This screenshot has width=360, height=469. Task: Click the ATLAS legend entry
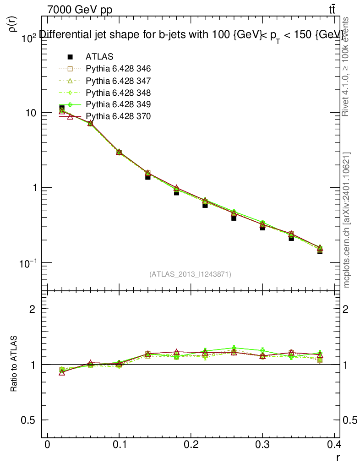[99, 57]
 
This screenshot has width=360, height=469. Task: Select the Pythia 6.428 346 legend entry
[118, 69]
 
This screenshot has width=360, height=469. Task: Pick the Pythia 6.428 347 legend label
[118, 81]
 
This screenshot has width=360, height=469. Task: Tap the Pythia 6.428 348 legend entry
[118, 93]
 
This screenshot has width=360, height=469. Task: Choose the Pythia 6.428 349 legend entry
[118, 104]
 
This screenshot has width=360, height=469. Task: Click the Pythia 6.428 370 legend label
[118, 116]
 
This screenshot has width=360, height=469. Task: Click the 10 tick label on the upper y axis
[31, 113]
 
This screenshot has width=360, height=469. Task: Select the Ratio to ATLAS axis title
[14, 364]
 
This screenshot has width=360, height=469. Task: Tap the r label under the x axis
[338, 457]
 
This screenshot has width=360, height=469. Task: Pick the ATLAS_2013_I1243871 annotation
[190, 274]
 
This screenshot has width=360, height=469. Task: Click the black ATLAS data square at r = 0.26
[234, 218]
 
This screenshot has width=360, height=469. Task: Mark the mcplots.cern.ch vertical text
[347, 220]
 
